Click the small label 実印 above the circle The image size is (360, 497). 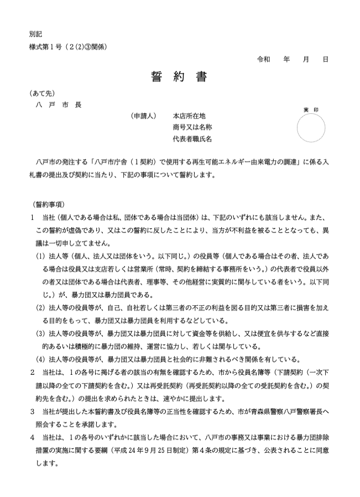pyautogui.click(x=311, y=110)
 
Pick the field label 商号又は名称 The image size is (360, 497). pyautogui.click(x=192, y=127)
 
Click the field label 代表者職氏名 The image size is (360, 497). pyautogui.click(x=192, y=139)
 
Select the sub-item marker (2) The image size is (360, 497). pyautogui.click(x=40, y=307)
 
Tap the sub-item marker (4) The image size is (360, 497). pyautogui.click(x=40, y=358)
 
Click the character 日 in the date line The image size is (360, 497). pyautogui.click(x=325, y=59)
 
